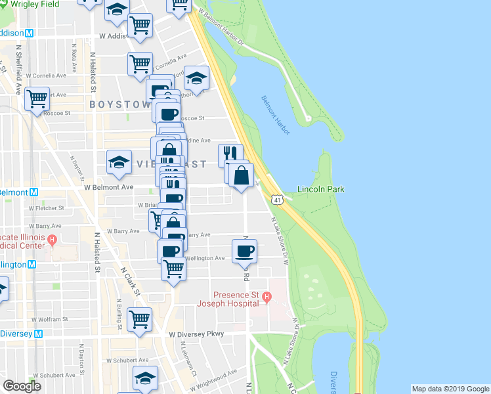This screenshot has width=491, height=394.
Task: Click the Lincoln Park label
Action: coord(320,189)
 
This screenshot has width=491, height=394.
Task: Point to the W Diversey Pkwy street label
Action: coord(196,334)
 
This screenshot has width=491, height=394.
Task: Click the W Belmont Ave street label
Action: coord(108,187)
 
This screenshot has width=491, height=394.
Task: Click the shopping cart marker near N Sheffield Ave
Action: coord(37,98)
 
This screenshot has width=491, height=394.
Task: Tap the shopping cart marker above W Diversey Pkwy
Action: coord(140,319)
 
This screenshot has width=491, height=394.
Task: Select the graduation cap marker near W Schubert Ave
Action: coord(145,378)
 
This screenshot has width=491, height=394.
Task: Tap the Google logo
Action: coord(22,386)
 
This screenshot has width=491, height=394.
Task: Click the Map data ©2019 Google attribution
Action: coord(450,389)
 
